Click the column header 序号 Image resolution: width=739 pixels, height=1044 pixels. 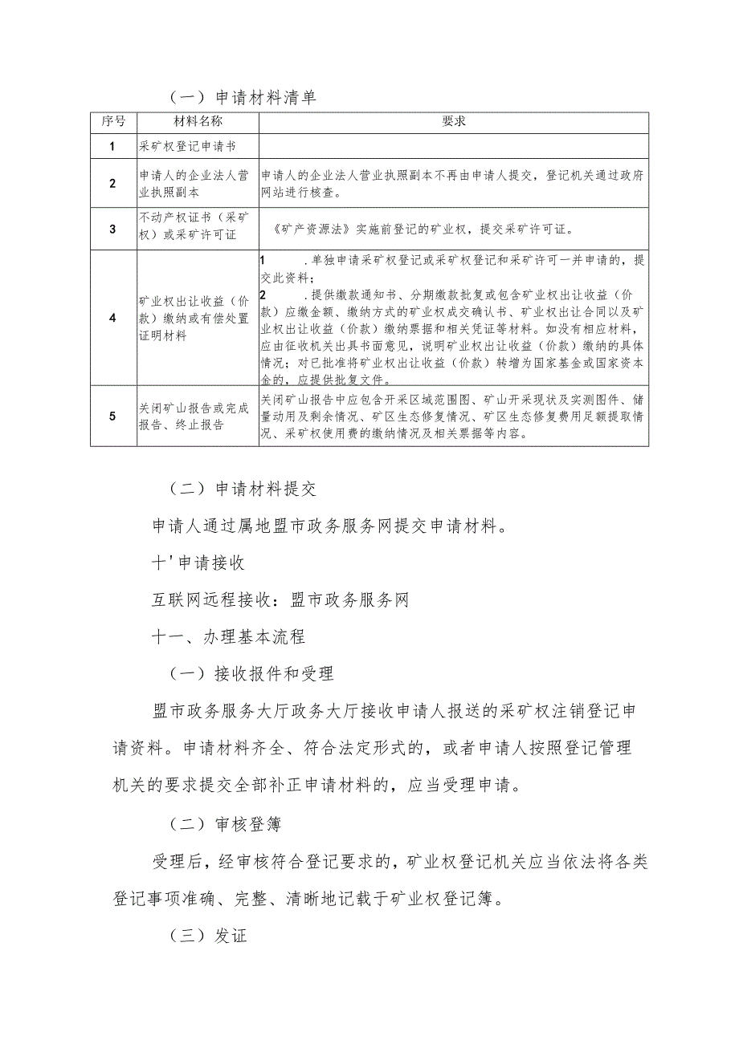coord(113,122)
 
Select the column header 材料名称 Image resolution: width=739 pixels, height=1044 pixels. coord(198,122)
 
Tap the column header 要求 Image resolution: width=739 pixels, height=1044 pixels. coord(454,122)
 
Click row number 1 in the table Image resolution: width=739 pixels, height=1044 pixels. coord(113,146)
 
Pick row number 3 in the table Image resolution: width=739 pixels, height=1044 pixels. coord(113,228)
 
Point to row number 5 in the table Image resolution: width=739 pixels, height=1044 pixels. coord(113,416)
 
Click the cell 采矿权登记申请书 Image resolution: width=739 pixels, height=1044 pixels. coord(186,146)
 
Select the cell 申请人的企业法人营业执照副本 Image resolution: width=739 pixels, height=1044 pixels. coord(194,183)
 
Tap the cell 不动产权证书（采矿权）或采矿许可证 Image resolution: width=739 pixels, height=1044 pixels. coord(194,228)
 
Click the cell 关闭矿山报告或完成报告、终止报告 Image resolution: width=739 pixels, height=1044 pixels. coord(194,416)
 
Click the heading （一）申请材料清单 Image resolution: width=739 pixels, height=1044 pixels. coord(243,98)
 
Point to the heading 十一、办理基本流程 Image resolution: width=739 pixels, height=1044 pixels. coord(229,638)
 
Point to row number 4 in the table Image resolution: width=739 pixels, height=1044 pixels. coord(113,317)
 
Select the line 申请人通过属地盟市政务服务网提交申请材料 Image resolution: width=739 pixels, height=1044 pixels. coord(328,526)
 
